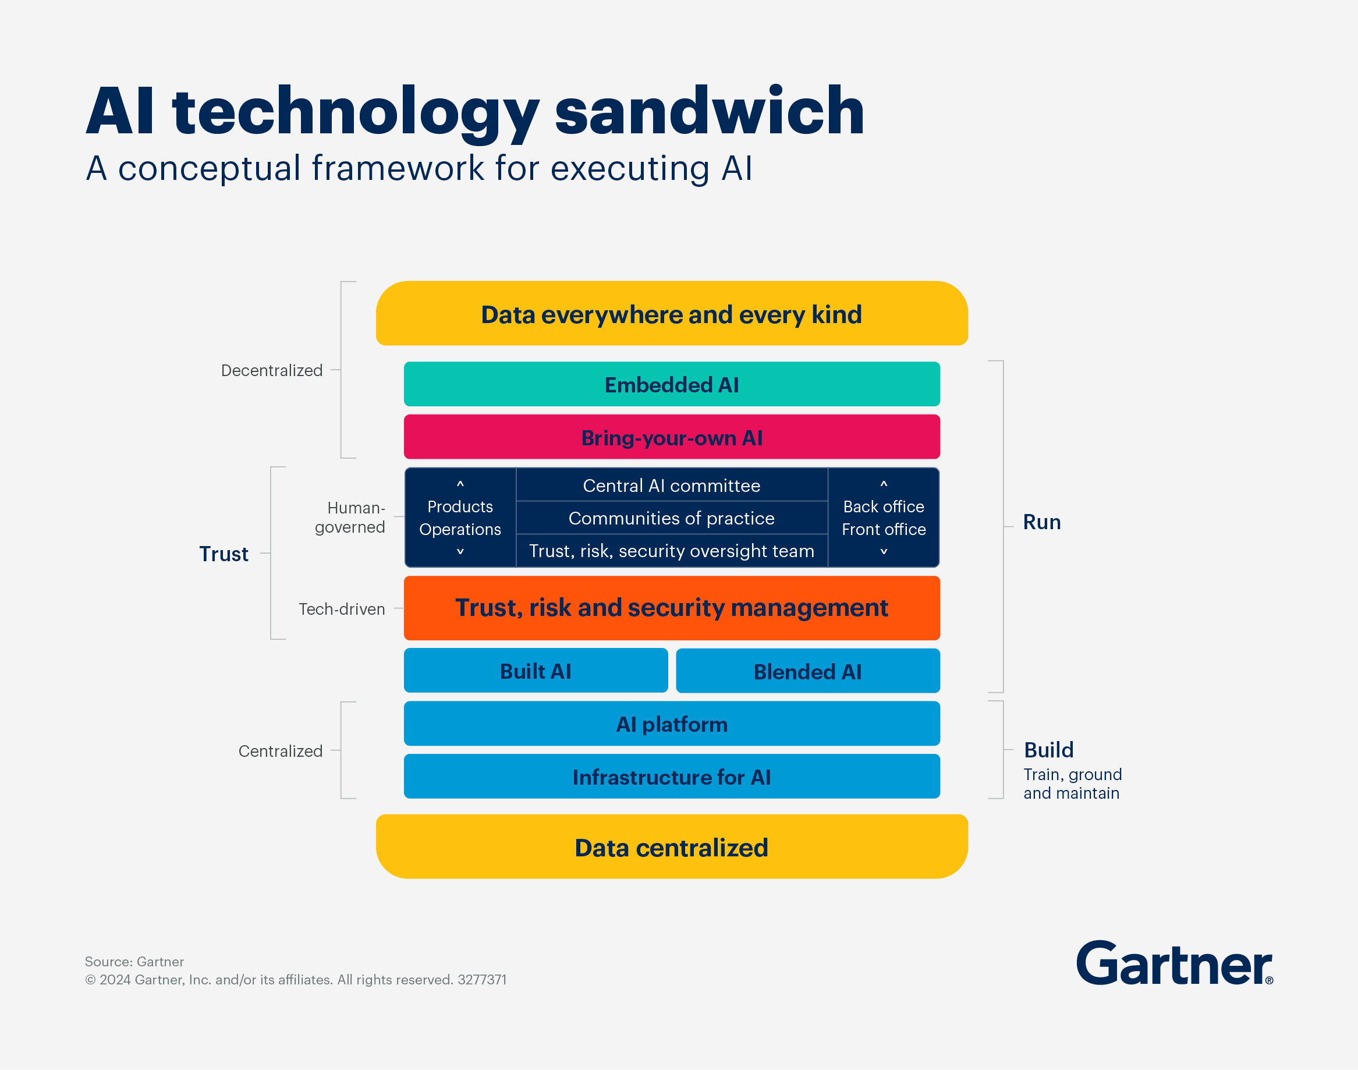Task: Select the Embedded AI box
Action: coord(672,384)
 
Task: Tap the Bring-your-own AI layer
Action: coord(672,437)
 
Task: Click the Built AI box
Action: coord(536,671)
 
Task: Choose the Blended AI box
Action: coord(807,671)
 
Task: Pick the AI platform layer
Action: coord(672,724)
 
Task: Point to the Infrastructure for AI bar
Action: coord(672,777)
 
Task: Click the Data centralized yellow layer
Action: coord(672,847)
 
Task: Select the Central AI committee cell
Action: coord(672,486)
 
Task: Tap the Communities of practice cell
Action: coord(672,518)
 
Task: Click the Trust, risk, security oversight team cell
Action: coord(672,551)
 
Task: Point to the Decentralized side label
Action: coord(272,370)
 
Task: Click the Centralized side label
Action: coord(280,750)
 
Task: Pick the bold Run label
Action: coord(1042,522)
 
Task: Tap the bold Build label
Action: coord(1048,750)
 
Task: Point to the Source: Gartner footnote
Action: coord(134,962)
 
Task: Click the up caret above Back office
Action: coord(884,484)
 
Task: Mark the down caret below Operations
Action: coord(460,551)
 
